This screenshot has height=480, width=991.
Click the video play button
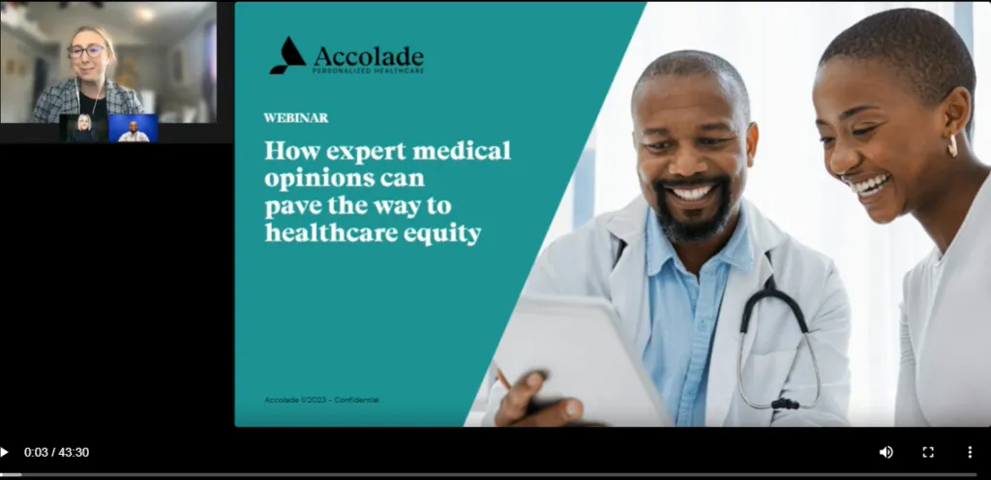click(x=5, y=452)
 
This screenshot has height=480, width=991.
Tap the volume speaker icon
click(x=886, y=452)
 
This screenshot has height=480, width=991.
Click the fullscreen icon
click(x=928, y=452)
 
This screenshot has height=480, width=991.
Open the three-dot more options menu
click(x=970, y=452)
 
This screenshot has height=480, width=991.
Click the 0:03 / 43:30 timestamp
click(x=56, y=452)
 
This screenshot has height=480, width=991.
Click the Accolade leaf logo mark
click(x=286, y=56)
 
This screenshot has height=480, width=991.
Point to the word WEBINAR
click(x=295, y=118)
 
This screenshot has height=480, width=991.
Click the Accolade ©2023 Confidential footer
click(x=321, y=400)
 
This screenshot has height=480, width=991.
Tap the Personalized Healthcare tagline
click(x=368, y=71)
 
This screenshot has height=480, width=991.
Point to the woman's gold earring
click(x=951, y=146)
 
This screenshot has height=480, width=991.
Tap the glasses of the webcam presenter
click(x=86, y=51)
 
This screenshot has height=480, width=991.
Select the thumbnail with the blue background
click(x=133, y=129)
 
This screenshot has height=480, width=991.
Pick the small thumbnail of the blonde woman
click(x=83, y=129)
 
